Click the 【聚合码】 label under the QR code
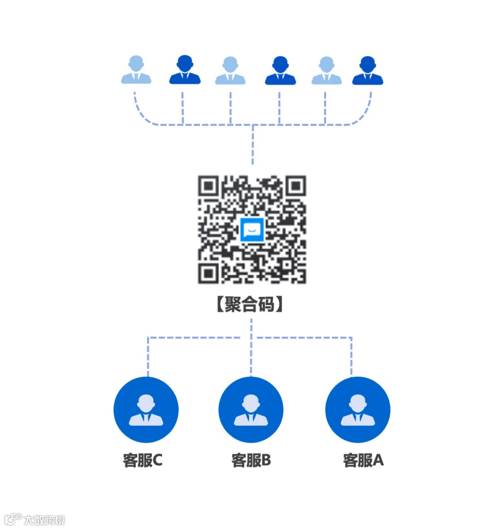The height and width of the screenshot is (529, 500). pyautogui.click(x=250, y=305)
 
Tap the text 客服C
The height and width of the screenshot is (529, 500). pyautogui.click(x=143, y=460)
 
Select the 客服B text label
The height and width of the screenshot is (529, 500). pyautogui.click(x=251, y=460)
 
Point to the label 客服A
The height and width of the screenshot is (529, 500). pyautogui.click(x=363, y=460)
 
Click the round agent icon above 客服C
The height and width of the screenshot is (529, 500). pyautogui.click(x=146, y=410)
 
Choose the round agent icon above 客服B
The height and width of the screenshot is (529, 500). pyautogui.click(x=251, y=410)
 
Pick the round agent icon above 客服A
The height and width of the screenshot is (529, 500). pyautogui.click(x=358, y=410)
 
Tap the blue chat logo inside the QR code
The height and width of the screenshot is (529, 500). pyautogui.click(x=252, y=229)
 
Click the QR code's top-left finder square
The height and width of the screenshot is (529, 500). pyautogui.click(x=208, y=186)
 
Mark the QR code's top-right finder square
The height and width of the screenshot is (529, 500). pyautogui.click(x=295, y=186)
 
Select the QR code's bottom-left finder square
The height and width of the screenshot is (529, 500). pyautogui.click(x=208, y=273)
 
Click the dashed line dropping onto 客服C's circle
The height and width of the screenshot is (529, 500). pyautogui.click(x=148, y=357)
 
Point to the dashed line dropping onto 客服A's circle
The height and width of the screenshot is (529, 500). pyautogui.click(x=351, y=357)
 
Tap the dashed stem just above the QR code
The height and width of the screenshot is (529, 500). pyautogui.click(x=252, y=146)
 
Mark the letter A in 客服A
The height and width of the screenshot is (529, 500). pyautogui.click(x=378, y=460)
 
